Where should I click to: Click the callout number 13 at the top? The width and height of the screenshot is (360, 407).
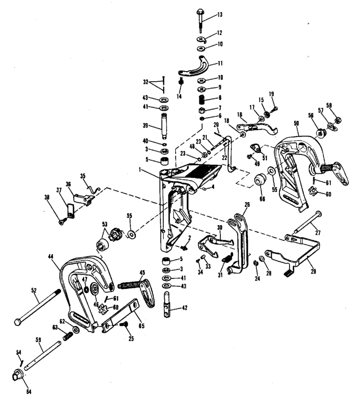[220, 14]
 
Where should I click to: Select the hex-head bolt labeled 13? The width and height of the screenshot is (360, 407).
[200, 20]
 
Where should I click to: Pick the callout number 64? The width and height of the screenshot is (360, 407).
[28, 392]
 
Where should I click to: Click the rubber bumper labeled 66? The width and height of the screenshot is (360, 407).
[259, 179]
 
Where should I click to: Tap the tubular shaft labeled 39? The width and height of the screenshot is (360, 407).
[164, 126]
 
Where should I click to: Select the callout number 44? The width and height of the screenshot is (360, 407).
[50, 256]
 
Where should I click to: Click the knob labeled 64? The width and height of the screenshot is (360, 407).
[18, 375]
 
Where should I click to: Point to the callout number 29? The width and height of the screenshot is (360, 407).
[313, 271]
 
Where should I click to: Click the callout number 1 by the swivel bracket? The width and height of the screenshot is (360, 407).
[140, 170]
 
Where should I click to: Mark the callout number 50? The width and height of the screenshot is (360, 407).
[296, 123]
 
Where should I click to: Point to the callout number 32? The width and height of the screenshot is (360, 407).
[145, 82]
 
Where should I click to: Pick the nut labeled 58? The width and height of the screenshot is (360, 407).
[338, 120]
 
